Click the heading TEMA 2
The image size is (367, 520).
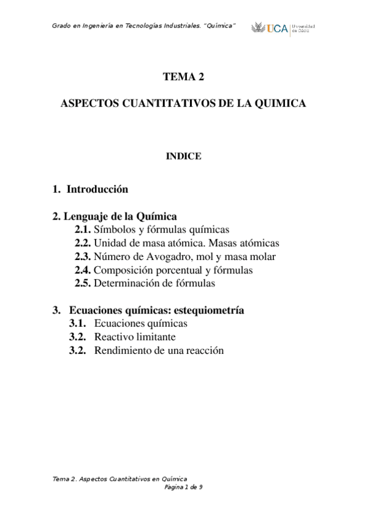[x=183, y=77]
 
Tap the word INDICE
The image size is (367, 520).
[x=184, y=156]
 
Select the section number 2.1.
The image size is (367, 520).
[x=83, y=229]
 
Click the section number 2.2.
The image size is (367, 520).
[x=83, y=243]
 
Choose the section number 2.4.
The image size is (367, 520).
[x=83, y=270]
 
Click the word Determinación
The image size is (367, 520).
[x=126, y=283]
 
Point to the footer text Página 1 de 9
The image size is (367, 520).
[x=184, y=487]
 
